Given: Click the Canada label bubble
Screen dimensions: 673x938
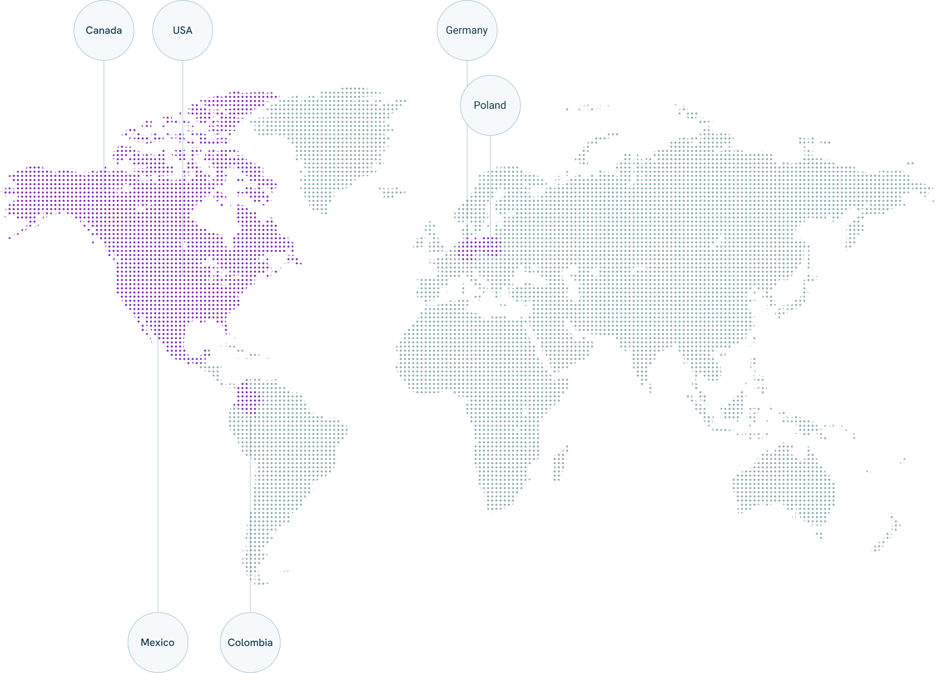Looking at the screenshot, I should click(x=104, y=30).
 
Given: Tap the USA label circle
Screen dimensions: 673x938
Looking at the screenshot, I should click(x=182, y=30).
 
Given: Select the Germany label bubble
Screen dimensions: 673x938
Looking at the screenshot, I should click(x=466, y=30).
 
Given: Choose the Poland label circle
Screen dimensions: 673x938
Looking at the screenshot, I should click(x=490, y=105).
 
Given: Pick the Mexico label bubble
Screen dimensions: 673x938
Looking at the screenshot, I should click(x=158, y=642).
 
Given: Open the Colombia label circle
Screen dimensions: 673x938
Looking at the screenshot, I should click(x=250, y=642).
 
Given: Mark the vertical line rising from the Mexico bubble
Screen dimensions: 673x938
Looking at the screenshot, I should click(x=158, y=496).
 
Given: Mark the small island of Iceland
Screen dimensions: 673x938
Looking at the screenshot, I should click(x=391, y=192).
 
